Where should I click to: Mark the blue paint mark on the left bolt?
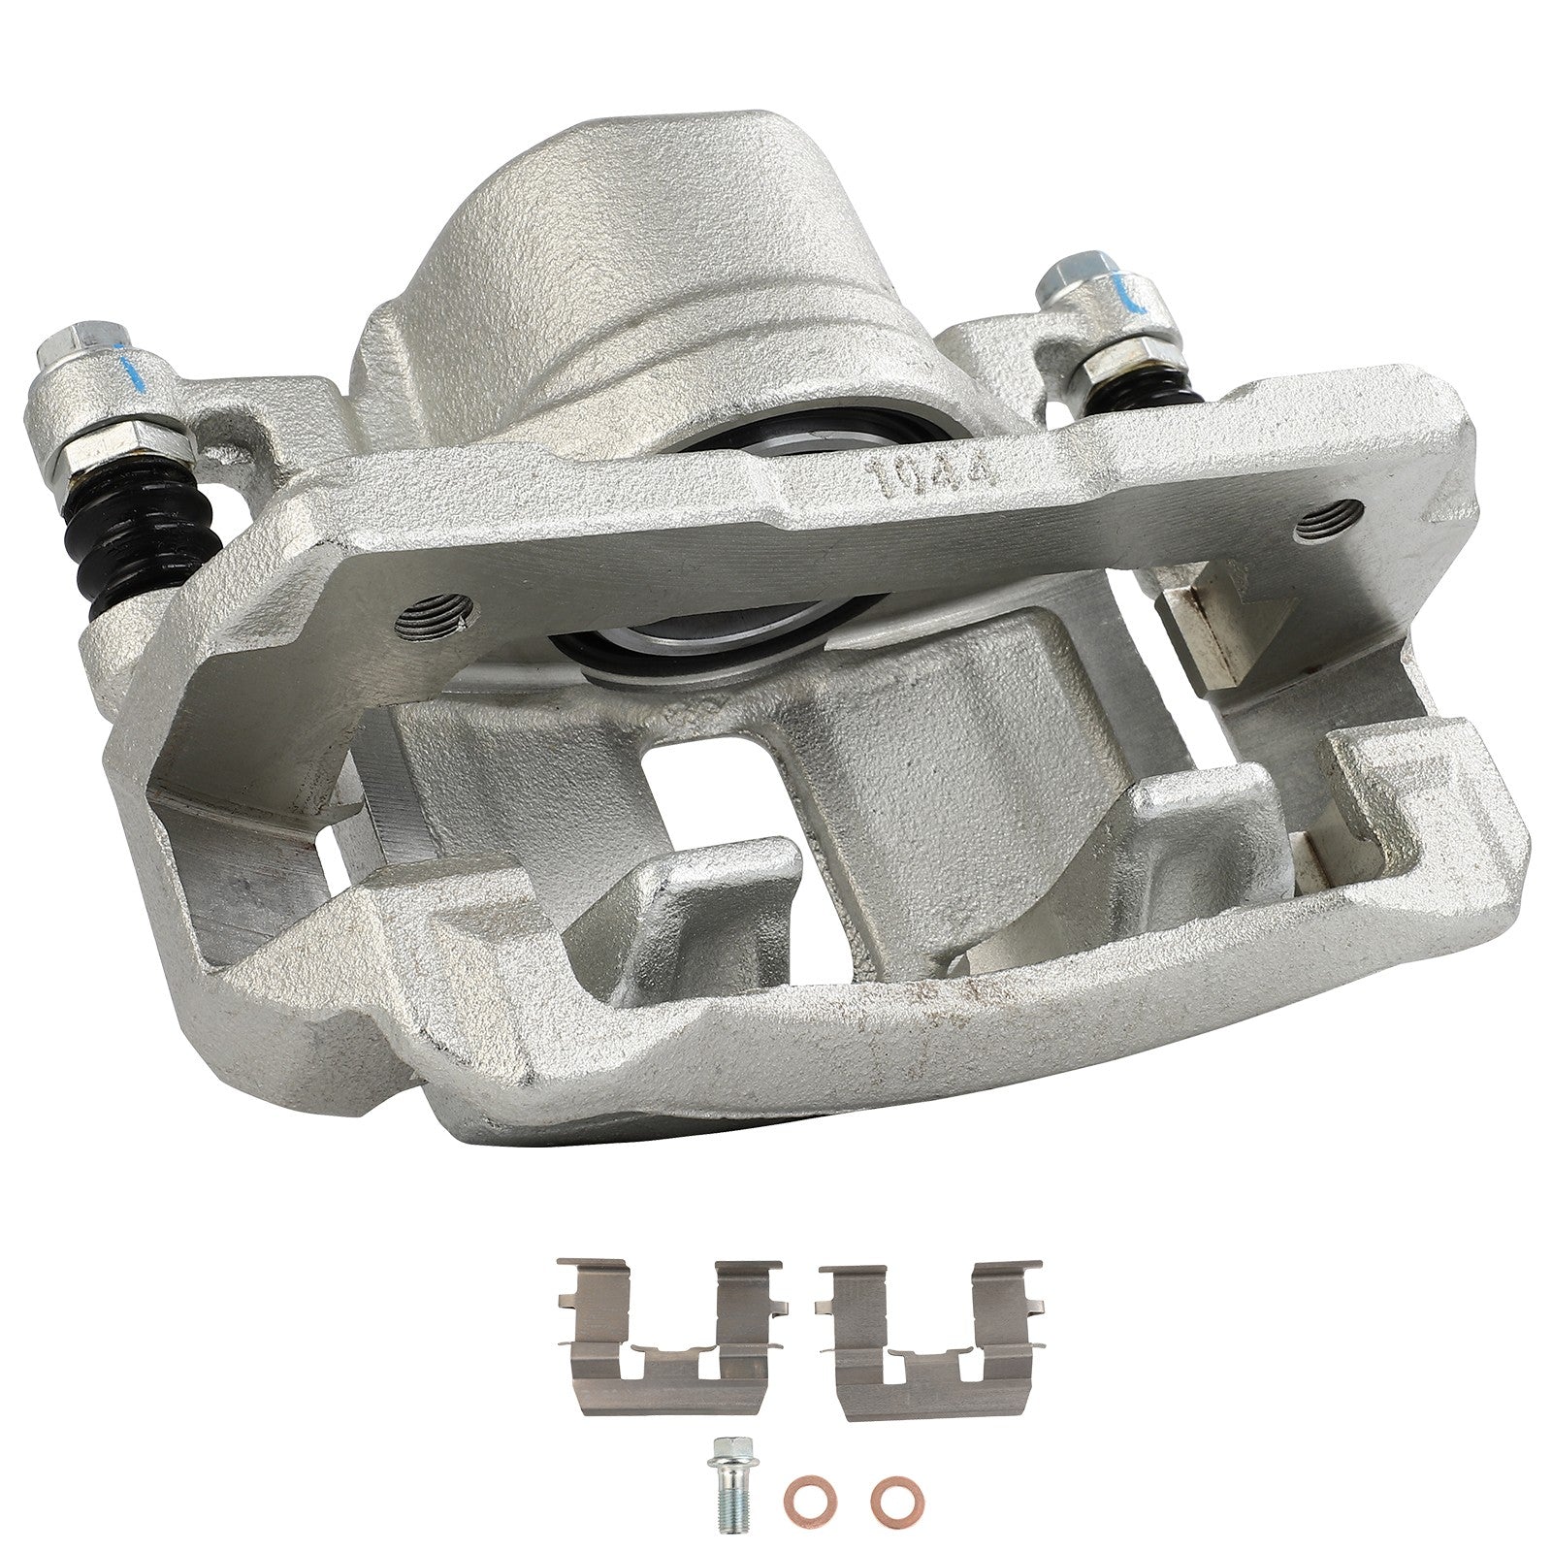coord(126,371)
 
